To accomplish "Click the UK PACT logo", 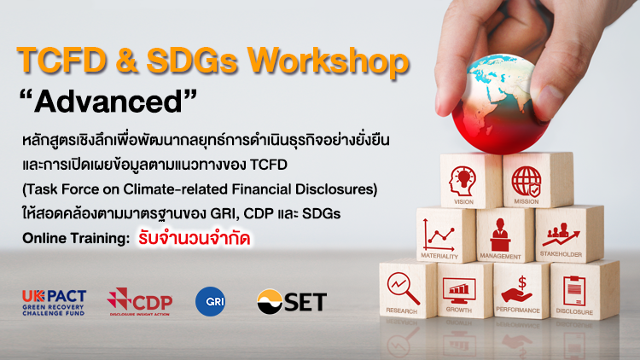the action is point(54,303).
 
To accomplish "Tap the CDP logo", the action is point(140,302).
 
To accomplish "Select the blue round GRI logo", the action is point(210,302).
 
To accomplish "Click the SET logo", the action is point(292,302).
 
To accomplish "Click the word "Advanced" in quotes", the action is point(108,102).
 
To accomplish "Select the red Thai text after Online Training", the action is point(194,239).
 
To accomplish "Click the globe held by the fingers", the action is point(501,104).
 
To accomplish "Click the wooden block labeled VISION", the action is point(471,181).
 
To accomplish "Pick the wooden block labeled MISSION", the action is point(538,180).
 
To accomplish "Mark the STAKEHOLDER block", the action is point(569,234).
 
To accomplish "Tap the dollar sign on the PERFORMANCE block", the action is point(521,282).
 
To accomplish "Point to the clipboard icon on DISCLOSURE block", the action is point(574,291).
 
